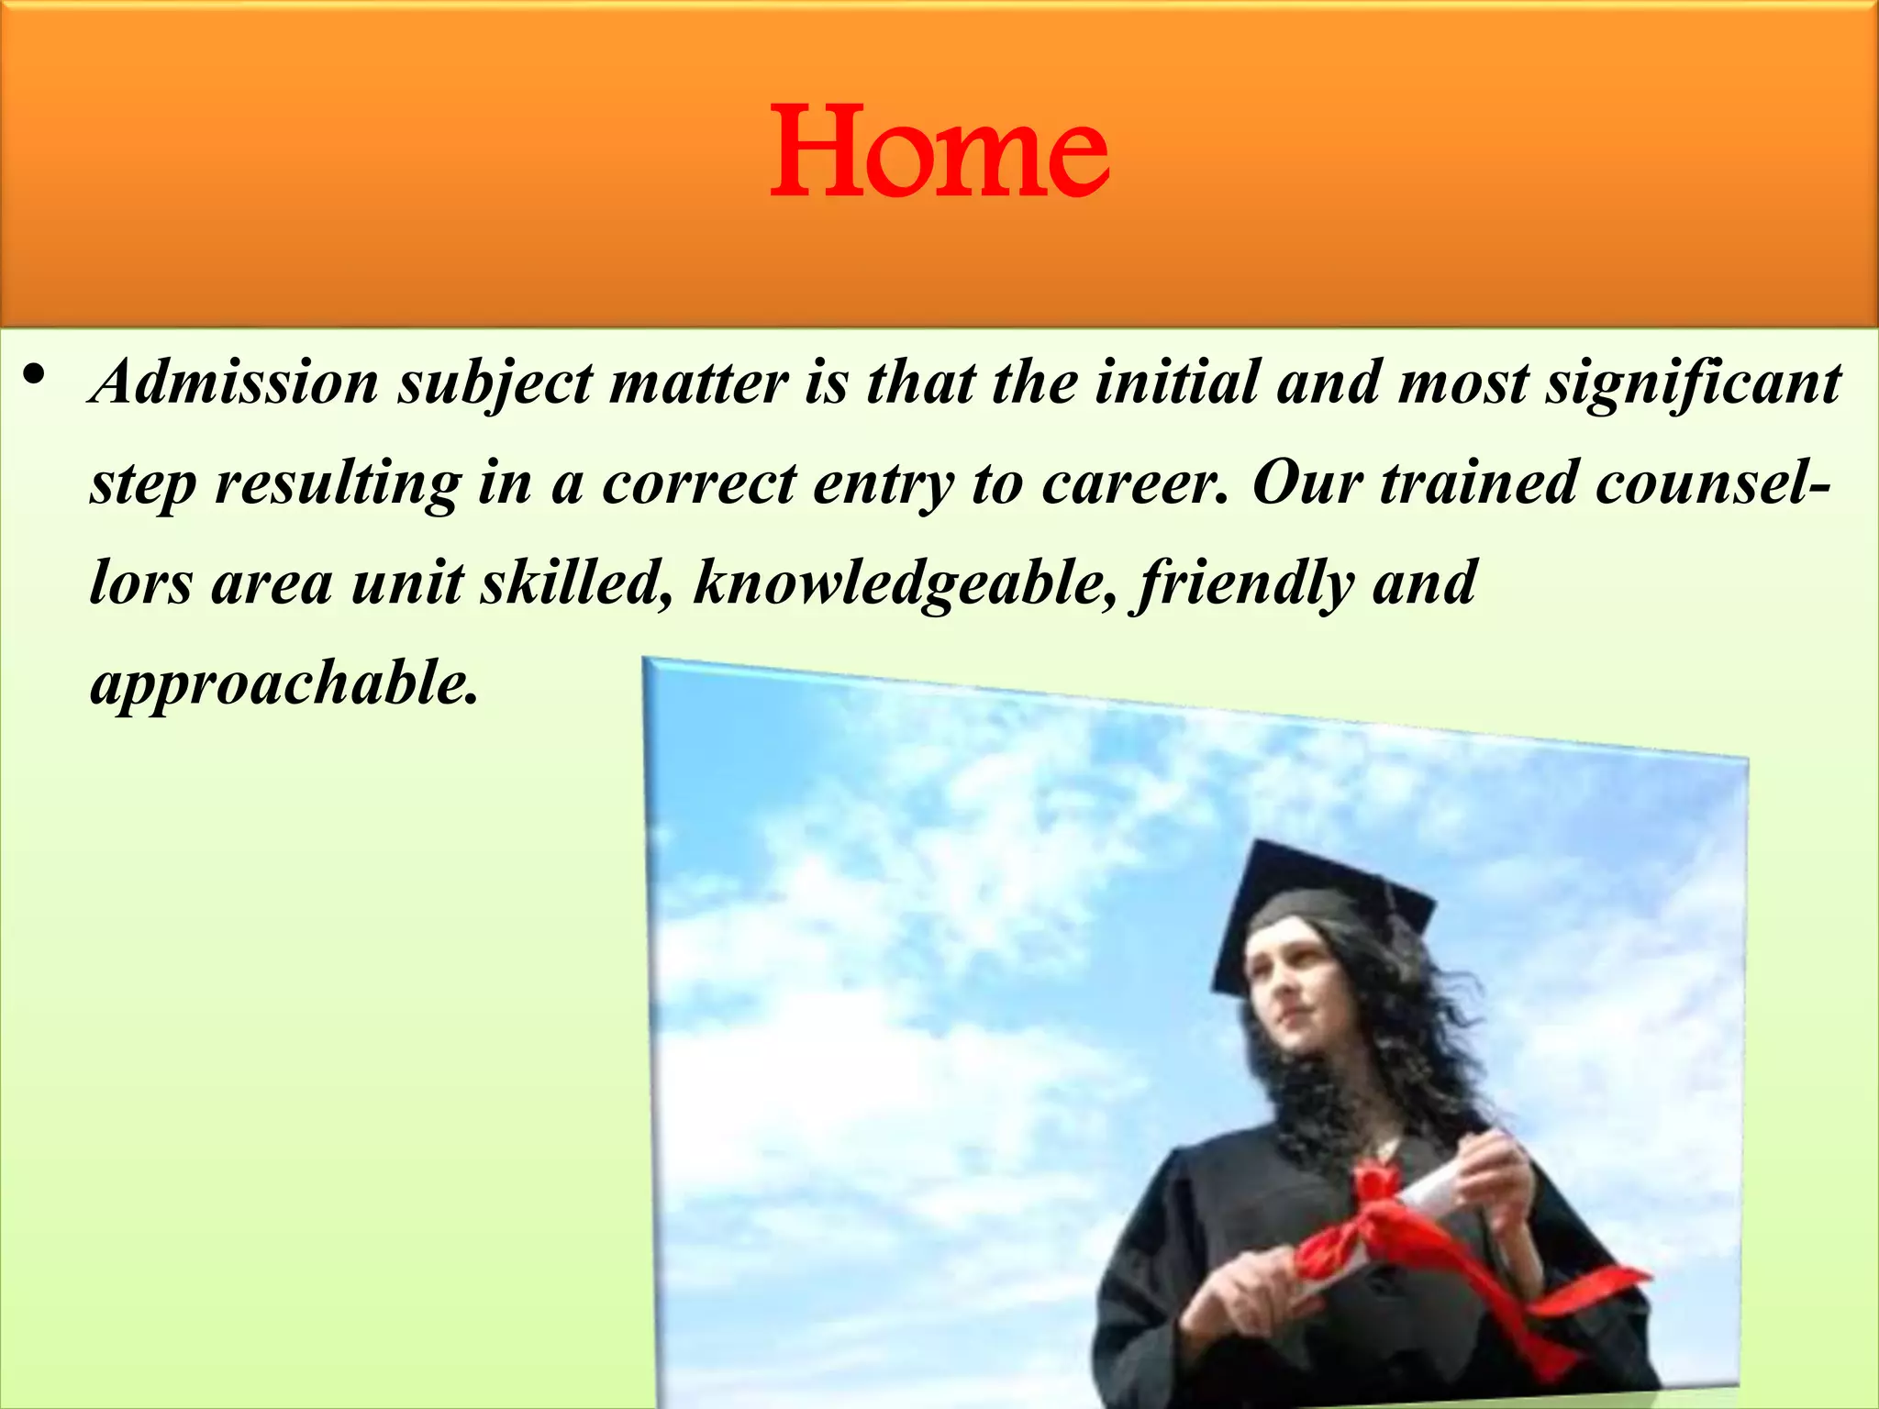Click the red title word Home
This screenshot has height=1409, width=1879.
pyautogui.click(x=939, y=151)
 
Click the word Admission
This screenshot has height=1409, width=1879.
pyautogui.click(x=235, y=382)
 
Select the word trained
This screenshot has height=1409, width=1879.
pyautogui.click(x=1478, y=483)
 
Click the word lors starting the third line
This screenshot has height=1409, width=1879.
pyautogui.click(x=140, y=583)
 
